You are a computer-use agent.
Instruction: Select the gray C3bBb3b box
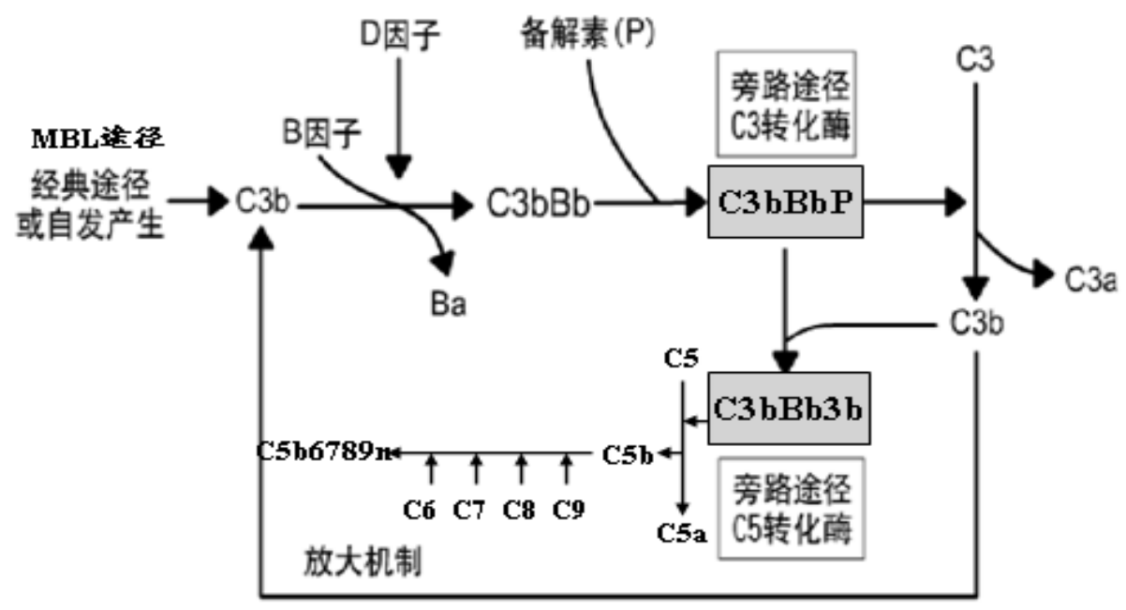[x=788, y=409]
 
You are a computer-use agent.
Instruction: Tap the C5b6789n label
[x=325, y=453]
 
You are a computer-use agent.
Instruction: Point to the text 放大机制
[x=363, y=559]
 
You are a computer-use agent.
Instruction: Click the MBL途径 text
[x=99, y=140]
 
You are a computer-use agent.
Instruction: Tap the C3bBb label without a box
[x=540, y=201]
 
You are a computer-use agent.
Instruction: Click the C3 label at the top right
[x=975, y=61]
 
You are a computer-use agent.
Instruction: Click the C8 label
[x=519, y=510]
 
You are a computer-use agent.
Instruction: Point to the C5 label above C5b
[x=681, y=358]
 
